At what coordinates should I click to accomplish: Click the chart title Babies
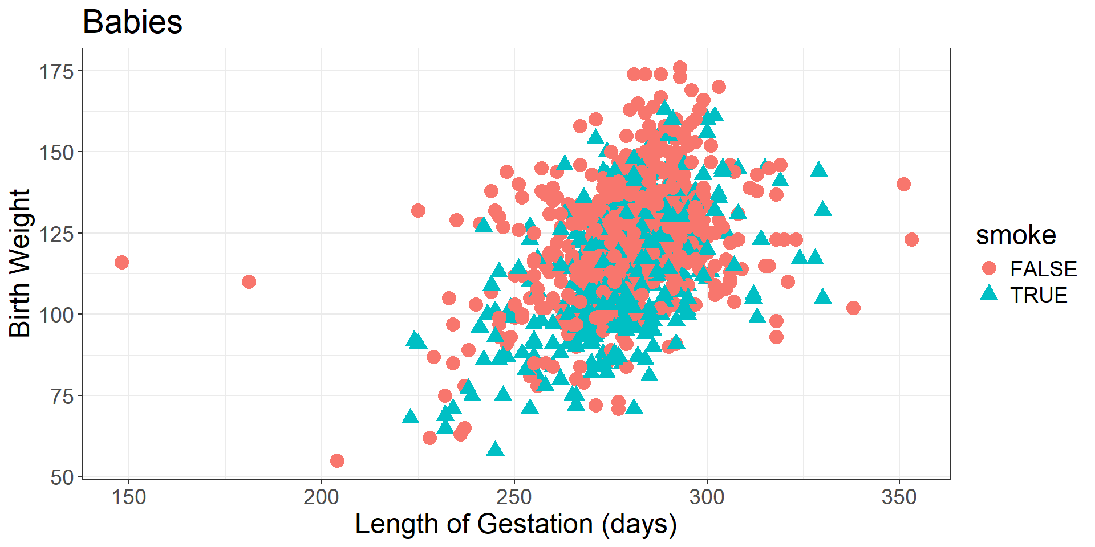pyautogui.click(x=132, y=23)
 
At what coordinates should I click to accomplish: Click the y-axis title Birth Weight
pyautogui.click(x=20, y=263)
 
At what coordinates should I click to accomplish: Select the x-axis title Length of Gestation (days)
pyautogui.click(x=516, y=524)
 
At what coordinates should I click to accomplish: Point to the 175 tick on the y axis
pyautogui.click(x=56, y=72)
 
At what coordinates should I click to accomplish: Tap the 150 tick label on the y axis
pyautogui.click(x=56, y=153)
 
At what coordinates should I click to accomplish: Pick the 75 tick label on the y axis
pyautogui.click(x=62, y=396)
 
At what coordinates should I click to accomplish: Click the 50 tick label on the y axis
pyautogui.click(x=62, y=477)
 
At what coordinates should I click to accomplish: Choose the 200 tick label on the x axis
pyautogui.click(x=321, y=497)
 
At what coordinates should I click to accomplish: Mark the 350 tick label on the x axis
pyautogui.click(x=899, y=497)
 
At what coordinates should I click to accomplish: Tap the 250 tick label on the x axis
pyautogui.click(x=514, y=497)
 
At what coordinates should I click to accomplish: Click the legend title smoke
pyautogui.click(x=1016, y=235)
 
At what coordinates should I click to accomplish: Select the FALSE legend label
pyautogui.click(x=1043, y=269)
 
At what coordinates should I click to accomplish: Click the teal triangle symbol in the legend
pyautogui.click(x=989, y=294)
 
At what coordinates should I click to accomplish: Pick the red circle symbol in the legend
pyautogui.click(x=989, y=268)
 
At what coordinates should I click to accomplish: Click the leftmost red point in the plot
pyautogui.click(x=121, y=263)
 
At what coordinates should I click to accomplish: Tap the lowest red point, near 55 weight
pyautogui.click(x=337, y=460)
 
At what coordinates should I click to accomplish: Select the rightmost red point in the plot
pyautogui.click(x=911, y=239)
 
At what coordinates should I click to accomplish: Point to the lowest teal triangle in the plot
pyautogui.click(x=496, y=450)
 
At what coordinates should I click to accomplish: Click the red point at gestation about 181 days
pyautogui.click(x=249, y=281)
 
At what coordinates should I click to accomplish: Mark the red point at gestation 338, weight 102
pyautogui.click(x=853, y=308)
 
